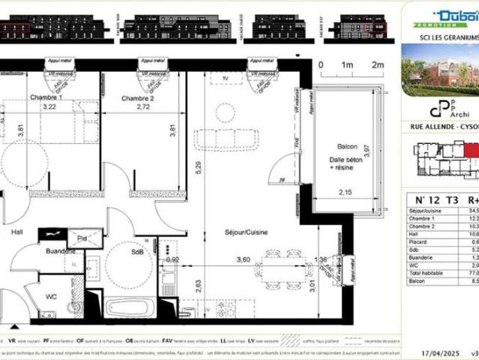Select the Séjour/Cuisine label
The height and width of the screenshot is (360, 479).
(x=245, y=232)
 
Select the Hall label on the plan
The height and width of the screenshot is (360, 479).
(x=16, y=232)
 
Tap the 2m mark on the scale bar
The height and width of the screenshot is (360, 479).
(x=377, y=65)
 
